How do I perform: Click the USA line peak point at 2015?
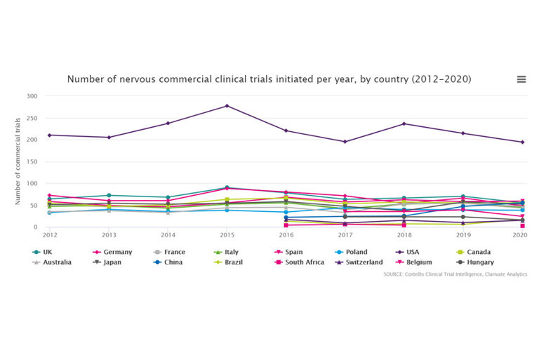227,106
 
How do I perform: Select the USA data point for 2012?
50,135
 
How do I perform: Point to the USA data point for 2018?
404,124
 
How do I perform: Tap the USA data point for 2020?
522,142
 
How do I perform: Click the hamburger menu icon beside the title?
521,79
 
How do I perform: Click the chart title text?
269,79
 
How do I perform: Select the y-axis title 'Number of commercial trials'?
18,161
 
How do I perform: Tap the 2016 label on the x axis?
286,235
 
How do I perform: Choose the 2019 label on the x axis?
463,235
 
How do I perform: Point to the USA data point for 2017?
345,142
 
